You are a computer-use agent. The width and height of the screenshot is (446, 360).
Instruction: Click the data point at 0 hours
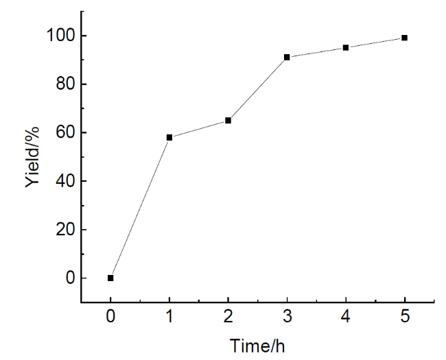coord(110,278)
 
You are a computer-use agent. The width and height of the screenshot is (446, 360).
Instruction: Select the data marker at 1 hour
coord(169,137)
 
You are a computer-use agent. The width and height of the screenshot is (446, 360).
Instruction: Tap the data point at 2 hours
coord(228,121)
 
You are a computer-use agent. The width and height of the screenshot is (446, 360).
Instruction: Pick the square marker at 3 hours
coord(287,57)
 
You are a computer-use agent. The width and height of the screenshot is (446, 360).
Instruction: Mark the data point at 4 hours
coord(346,47)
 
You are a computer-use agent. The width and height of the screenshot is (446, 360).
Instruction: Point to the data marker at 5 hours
coord(405,38)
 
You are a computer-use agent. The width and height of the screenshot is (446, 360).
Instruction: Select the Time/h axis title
coord(257,346)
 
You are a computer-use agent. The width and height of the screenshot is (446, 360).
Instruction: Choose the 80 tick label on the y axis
coord(63,84)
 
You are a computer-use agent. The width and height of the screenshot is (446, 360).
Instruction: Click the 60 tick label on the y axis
coord(63,133)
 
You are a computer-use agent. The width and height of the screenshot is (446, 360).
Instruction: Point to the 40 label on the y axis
coord(63,182)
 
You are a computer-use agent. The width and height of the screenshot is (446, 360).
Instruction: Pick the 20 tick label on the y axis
coord(63,230)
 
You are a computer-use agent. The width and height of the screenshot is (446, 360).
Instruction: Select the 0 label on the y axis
coord(67,278)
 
